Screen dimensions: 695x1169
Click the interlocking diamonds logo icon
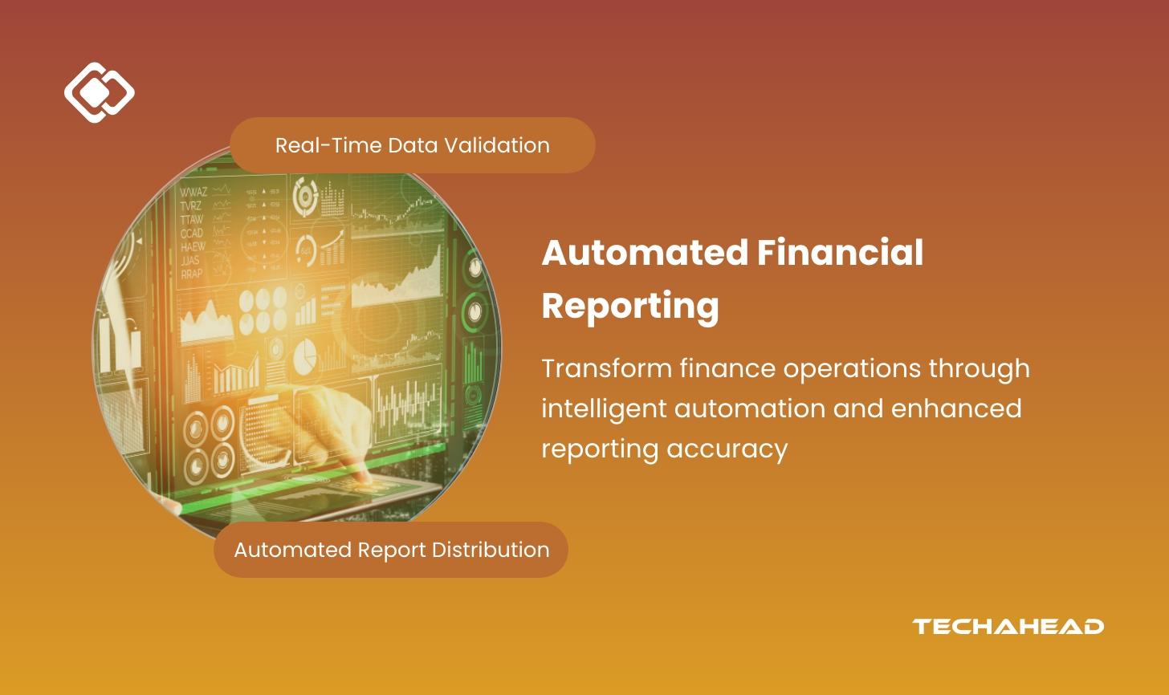pyautogui.click(x=99, y=92)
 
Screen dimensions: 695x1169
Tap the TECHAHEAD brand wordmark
pyautogui.click(x=1008, y=626)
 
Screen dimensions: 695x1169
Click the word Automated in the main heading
pyautogui.click(x=645, y=253)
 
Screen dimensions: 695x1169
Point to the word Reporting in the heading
pyautogui.click(x=629, y=306)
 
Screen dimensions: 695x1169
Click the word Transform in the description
pyautogui.click(x=606, y=368)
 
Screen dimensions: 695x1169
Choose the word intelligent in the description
pyautogui.click(x=603, y=408)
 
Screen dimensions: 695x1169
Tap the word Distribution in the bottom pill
pyautogui.click(x=491, y=550)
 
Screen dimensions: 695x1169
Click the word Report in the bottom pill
pyautogui.click(x=392, y=550)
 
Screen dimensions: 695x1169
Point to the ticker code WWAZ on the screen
pyautogui.click(x=193, y=192)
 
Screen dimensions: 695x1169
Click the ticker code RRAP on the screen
pyautogui.click(x=192, y=274)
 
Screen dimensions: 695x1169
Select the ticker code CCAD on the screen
pyautogui.click(x=192, y=233)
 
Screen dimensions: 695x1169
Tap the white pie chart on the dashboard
pyautogui.click(x=305, y=356)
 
